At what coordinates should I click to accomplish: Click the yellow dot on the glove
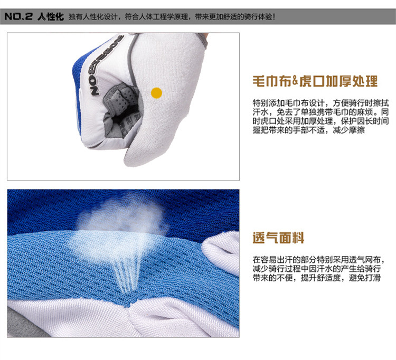coord(156,93)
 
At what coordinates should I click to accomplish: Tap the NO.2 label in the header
coord(18,17)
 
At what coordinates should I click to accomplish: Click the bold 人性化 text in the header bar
coord(51,17)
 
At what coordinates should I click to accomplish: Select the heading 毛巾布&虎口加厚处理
coord(315,81)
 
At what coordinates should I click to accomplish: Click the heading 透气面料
coord(278,238)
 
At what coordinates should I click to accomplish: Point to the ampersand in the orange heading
coord(295,81)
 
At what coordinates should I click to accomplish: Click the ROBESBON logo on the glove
coord(106,65)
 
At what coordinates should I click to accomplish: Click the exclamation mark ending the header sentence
coord(274,17)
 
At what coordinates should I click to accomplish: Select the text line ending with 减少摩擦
coord(309,130)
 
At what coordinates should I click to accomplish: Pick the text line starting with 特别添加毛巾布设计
coord(320,103)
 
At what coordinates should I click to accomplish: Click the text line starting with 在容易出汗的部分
coord(319,260)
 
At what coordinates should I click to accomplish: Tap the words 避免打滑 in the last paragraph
coord(365,278)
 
